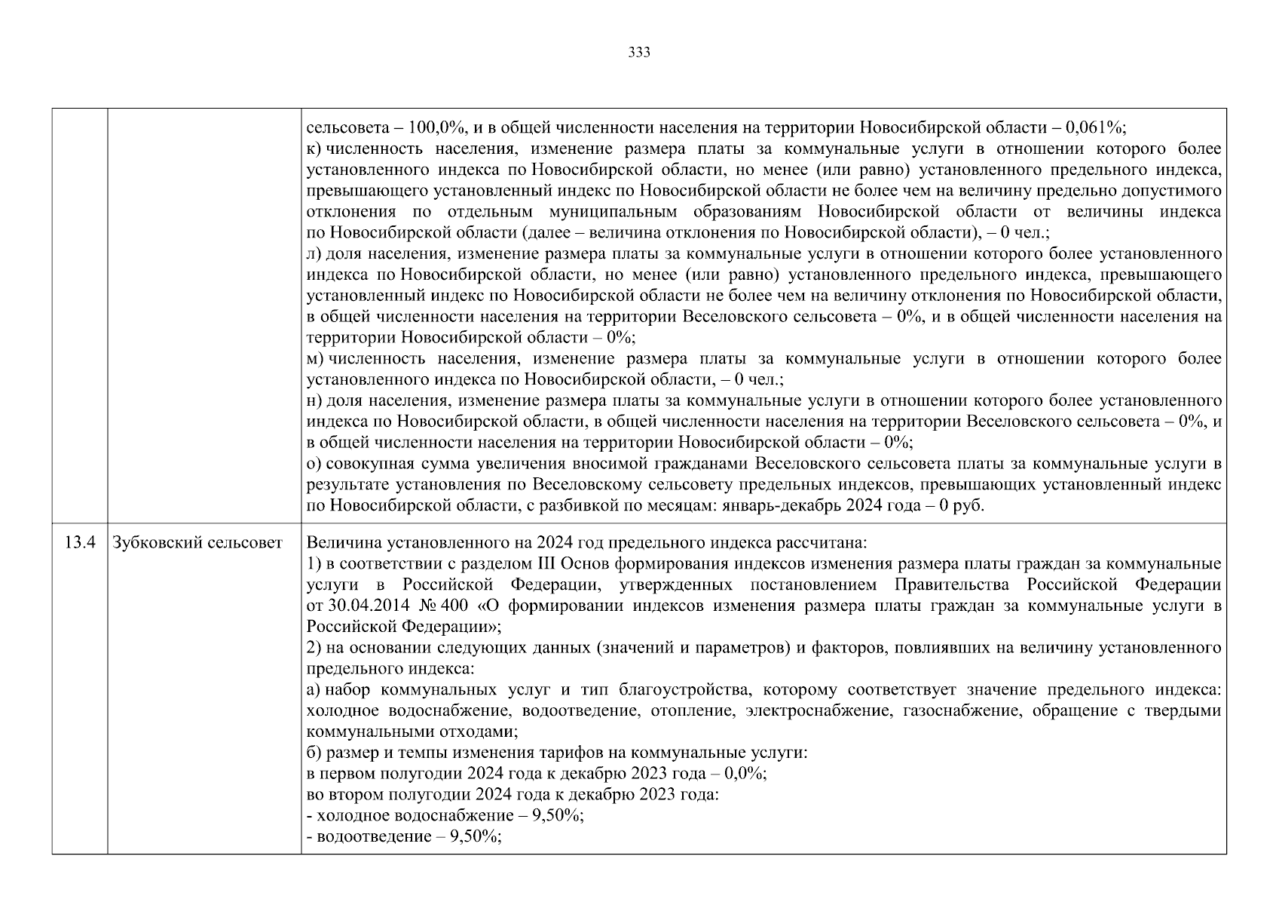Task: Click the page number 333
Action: pos(639,52)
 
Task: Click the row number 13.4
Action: pos(80,542)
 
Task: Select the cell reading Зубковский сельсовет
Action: pos(197,542)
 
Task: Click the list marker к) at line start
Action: pos(314,149)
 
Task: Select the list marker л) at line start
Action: pos(314,254)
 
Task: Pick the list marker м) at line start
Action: pos(315,359)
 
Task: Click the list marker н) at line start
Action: pos(314,401)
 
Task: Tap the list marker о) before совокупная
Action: pos(314,464)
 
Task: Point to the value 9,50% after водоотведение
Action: pos(475,836)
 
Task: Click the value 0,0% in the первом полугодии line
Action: pos(745,774)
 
